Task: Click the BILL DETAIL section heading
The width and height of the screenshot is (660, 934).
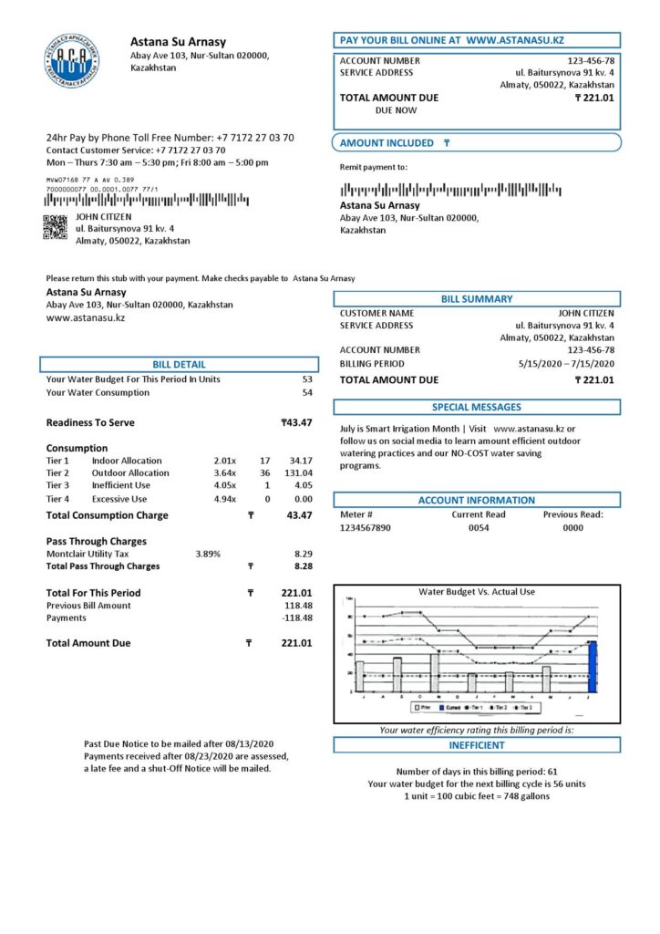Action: point(179,364)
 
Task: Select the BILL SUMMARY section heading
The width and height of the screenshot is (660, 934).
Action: point(477,298)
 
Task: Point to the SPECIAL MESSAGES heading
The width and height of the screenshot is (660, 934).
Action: point(477,407)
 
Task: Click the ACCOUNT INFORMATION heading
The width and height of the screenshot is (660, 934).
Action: point(477,500)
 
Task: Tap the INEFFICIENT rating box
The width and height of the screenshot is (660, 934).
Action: point(477,745)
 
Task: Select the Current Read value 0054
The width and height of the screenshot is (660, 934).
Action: point(479,527)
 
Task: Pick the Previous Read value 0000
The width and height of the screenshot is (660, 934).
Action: point(572,527)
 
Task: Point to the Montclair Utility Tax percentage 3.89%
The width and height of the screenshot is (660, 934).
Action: point(208,554)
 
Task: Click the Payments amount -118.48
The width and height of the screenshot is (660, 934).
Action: point(297,617)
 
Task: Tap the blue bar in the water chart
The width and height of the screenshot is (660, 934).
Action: point(592,667)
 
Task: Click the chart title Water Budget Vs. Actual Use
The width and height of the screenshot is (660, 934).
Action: point(477,592)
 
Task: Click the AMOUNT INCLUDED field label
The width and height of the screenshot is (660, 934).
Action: point(387,143)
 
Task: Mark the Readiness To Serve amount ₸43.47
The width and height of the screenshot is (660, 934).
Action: point(296,423)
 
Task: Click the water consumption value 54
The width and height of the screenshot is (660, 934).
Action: point(307,392)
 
